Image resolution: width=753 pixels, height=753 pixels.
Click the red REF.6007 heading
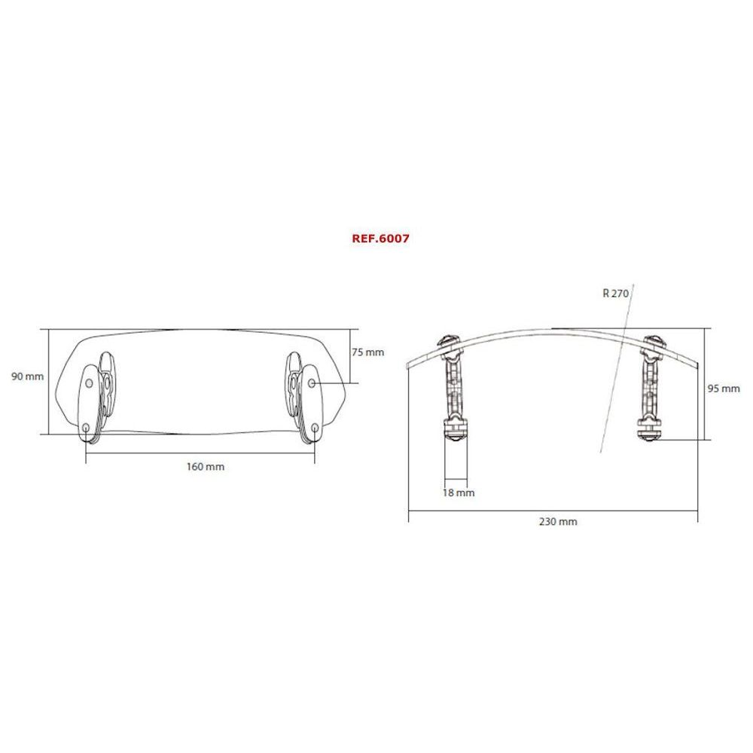(x=380, y=237)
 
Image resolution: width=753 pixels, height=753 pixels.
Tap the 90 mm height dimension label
(x=28, y=376)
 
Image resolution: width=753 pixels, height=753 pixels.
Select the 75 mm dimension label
(x=368, y=352)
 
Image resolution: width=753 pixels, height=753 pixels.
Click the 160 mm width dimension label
(x=205, y=467)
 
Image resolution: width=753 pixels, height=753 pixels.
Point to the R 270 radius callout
(x=615, y=294)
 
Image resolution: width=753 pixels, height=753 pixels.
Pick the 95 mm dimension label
(x=725, y=389)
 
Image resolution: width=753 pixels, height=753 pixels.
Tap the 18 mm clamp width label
(x=459, y=493)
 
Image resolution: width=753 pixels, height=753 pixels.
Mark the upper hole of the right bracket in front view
(x=312, y=384)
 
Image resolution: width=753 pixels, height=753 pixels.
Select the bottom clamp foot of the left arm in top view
(x=456, y=431)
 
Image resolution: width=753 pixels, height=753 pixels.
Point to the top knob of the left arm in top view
(x=450, y=341)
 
